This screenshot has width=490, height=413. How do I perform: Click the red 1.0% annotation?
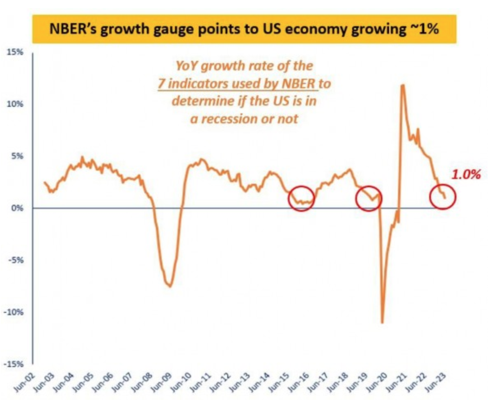pyautogui.click(x=466, y=174)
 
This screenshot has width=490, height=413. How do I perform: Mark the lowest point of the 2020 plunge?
pyautogui.click(x=382, y=322)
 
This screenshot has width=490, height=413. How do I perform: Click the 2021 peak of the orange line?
pyautogui.click(x=403, y=85)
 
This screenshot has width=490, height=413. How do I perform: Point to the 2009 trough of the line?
pyautogui.click(x=169, y=287)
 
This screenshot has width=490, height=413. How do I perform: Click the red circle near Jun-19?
pyautogui.click(x=369, y=198)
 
